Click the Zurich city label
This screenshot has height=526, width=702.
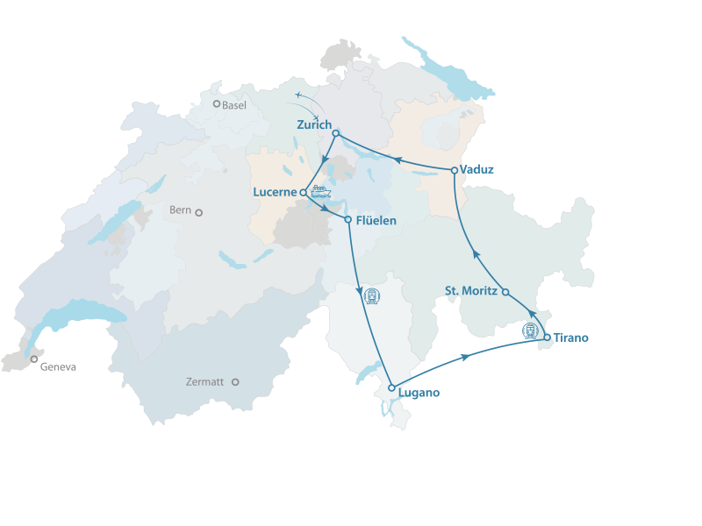(x=314, y=124)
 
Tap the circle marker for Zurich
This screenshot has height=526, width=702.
(x=336, y=133)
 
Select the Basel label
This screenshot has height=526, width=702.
(x=234, y=105)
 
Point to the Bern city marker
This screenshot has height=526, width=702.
(x=199, y=212)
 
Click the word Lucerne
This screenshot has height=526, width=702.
(x=276, y=192)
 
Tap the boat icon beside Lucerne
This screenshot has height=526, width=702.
(x=320, y=192)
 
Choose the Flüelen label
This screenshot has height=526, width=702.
(x=376, y=220)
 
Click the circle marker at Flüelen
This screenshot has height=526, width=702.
(x=348, y=219)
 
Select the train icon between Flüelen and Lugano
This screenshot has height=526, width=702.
(x=371, y=296)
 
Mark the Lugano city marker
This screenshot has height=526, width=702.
(x=391, y=387)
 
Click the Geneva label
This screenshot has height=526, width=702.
(x=58, y=367)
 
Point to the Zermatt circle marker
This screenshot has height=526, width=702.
(x=235, y=382)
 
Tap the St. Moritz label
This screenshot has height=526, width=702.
(x=471, y=291)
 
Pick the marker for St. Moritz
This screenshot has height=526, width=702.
(x=505, y=292)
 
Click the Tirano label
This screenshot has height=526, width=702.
(x=571, y=338)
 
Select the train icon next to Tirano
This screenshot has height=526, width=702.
(x=530, y=331)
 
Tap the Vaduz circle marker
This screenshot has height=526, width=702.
(x=454, y=170)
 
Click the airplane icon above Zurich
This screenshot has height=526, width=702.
(x=300, y=94)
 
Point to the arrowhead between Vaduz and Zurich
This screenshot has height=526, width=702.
(x=394, y=160)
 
